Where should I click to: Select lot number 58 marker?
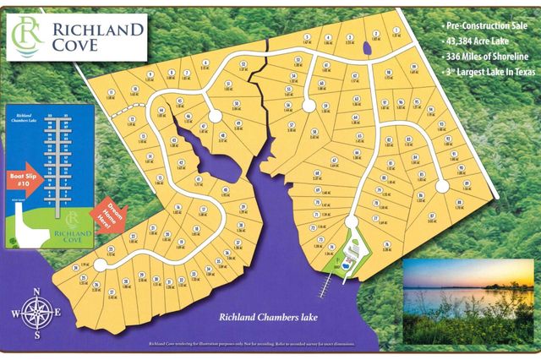click(314, 131)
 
